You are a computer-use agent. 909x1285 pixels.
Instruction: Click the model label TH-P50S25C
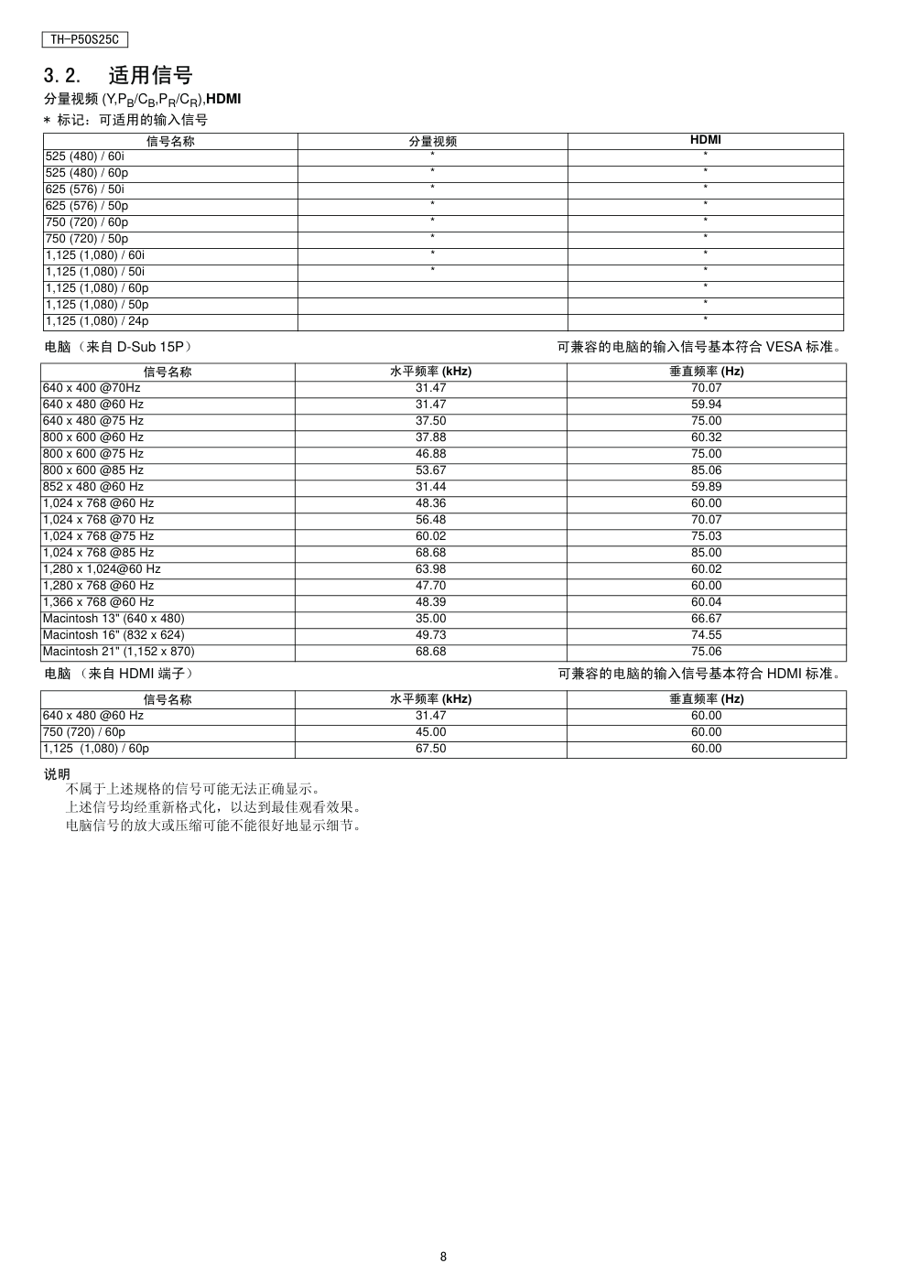click(x=84, y=40)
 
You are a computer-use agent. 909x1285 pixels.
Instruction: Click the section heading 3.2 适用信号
click(x=118, y=75)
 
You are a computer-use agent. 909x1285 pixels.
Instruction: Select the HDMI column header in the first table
click(x=705, y=141)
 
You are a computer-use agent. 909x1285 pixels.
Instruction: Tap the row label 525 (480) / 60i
click(x=85, y=157)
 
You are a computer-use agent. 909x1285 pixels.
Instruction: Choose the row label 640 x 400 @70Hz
click(x=92, y=388)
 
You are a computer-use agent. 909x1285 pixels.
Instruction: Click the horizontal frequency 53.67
click(x=430, y=470)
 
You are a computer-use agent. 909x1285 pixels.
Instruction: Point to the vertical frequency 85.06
click(x=706, y=470)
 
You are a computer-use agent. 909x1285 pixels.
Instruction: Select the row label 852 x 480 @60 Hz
click(x=93, y=487)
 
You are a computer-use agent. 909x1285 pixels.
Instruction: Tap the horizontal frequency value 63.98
click(x=430, y=569)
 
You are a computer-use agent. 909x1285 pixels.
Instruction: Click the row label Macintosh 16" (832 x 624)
click(x=114, y=635)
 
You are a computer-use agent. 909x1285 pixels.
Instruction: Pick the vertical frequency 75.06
click(x=706, y=652)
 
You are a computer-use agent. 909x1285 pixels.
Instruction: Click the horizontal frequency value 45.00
click(x=430, y=732)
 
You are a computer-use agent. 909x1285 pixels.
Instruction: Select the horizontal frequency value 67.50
click(x=430, y=749)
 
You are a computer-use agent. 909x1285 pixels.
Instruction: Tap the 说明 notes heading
click(x=57, y=774)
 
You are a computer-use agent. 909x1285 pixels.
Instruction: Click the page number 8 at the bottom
click(x=443, y=1257)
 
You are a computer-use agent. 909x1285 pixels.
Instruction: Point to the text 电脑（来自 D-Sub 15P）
click(x=118, y=348)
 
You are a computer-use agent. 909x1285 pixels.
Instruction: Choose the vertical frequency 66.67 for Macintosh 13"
click(x=706, y=619)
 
